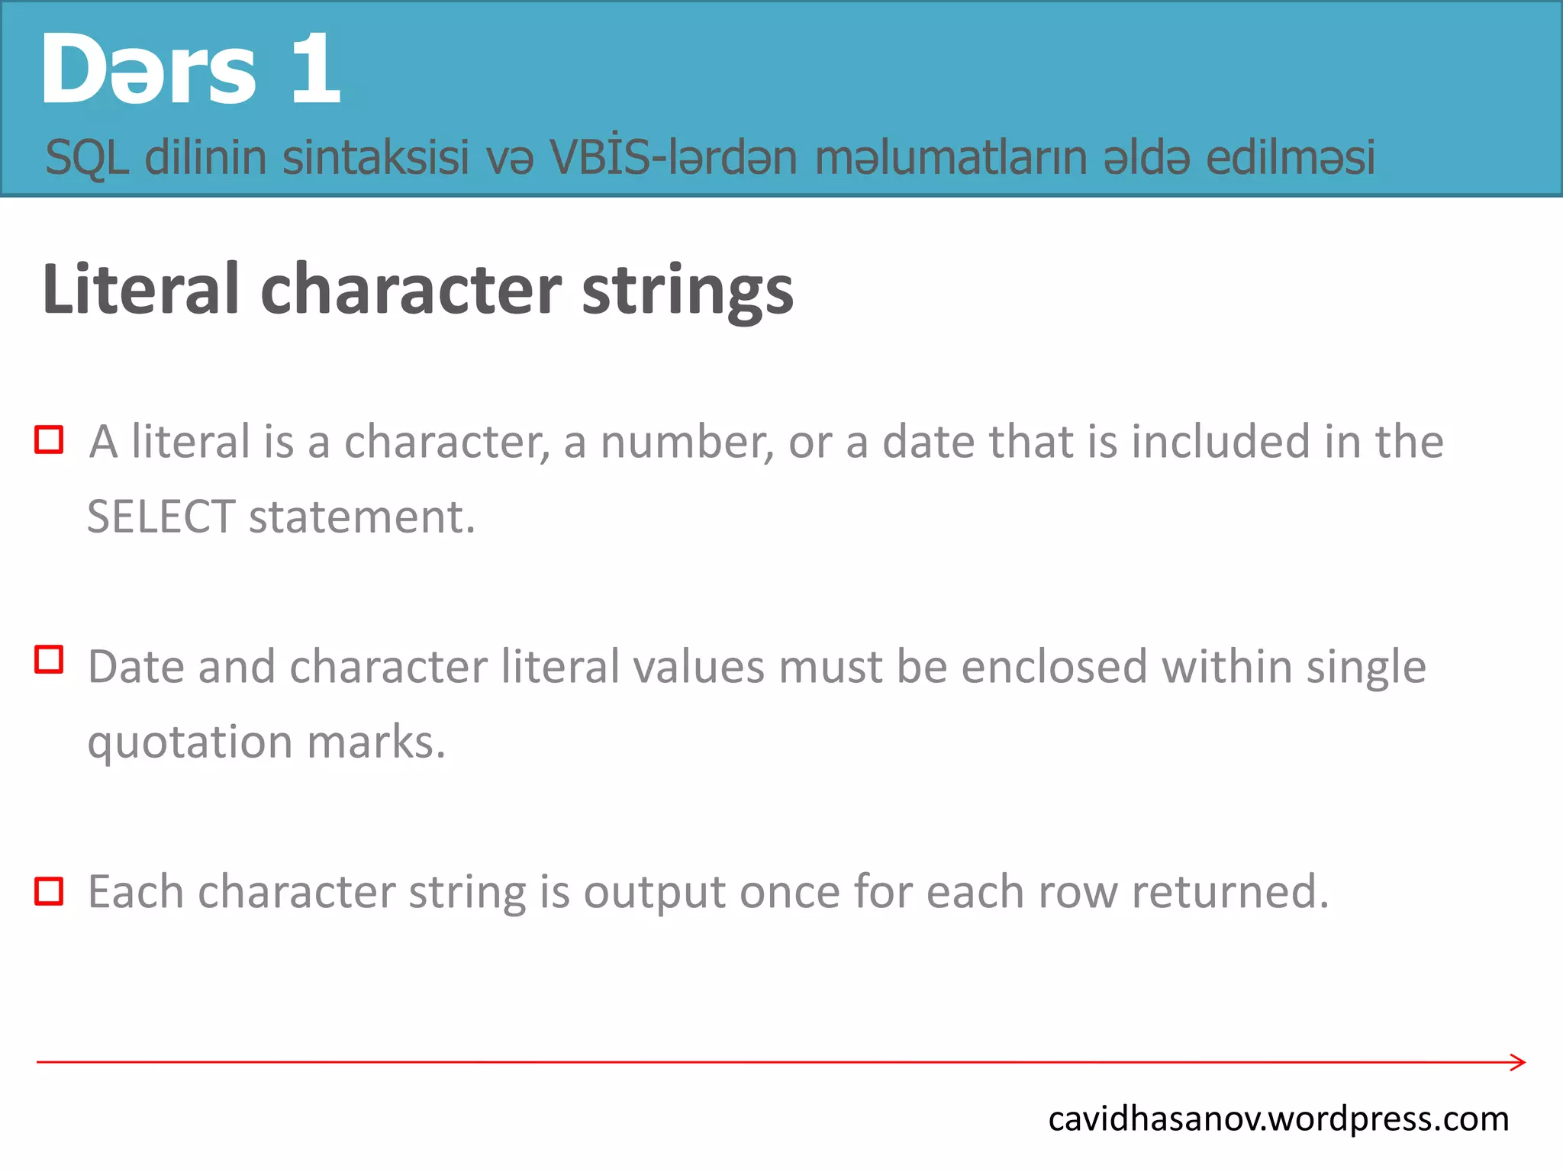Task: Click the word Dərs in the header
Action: pos(149,70)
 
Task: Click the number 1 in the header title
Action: pos(314,70)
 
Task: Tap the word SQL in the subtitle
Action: pos(86,158)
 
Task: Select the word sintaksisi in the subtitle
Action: pos(375,158)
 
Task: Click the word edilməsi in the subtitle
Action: pos(1290,158)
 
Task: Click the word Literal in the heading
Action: pos(141,290)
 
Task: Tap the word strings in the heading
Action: pos(687,291)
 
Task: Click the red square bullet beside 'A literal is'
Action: pos(49,440)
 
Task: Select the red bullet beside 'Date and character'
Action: pos(49,659)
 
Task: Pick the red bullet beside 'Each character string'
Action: pos(49,891)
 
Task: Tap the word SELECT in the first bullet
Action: pos(161,517)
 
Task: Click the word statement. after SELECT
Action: pos(362,517)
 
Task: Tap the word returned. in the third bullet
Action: pos(1229,891)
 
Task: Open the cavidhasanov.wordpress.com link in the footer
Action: pos(1278,1119)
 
